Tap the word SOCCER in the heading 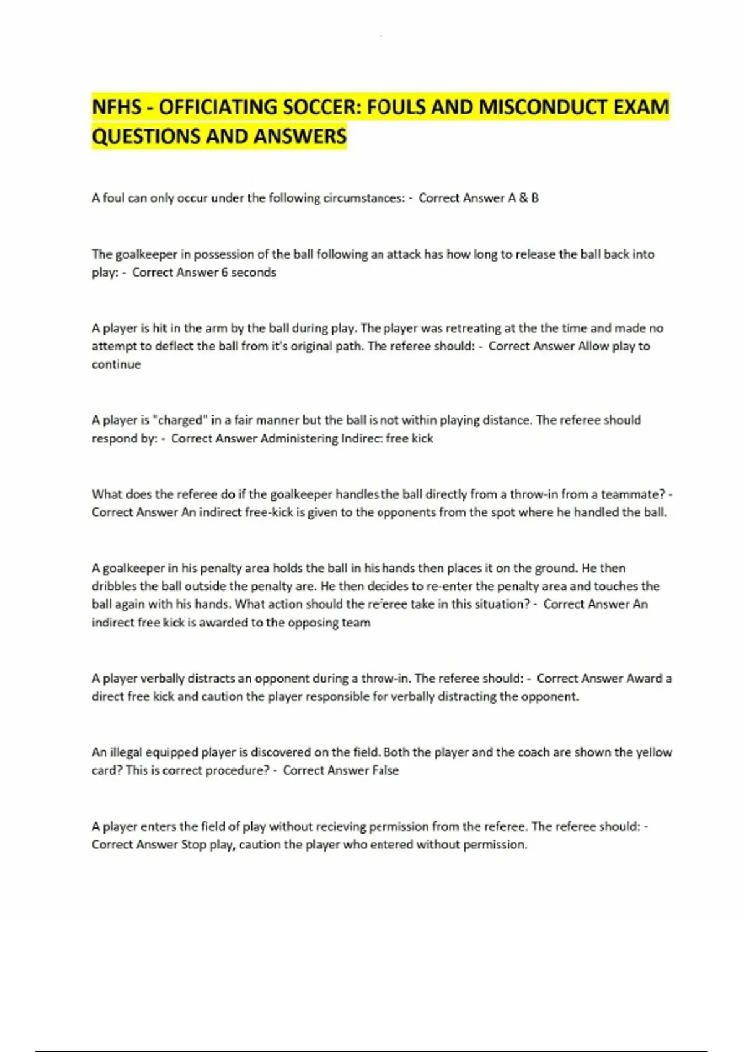(x=319, y=107)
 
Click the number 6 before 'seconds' (x=224, y=272)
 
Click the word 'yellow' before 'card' (x=654, y=752)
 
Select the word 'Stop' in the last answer (x=193, y=845)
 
